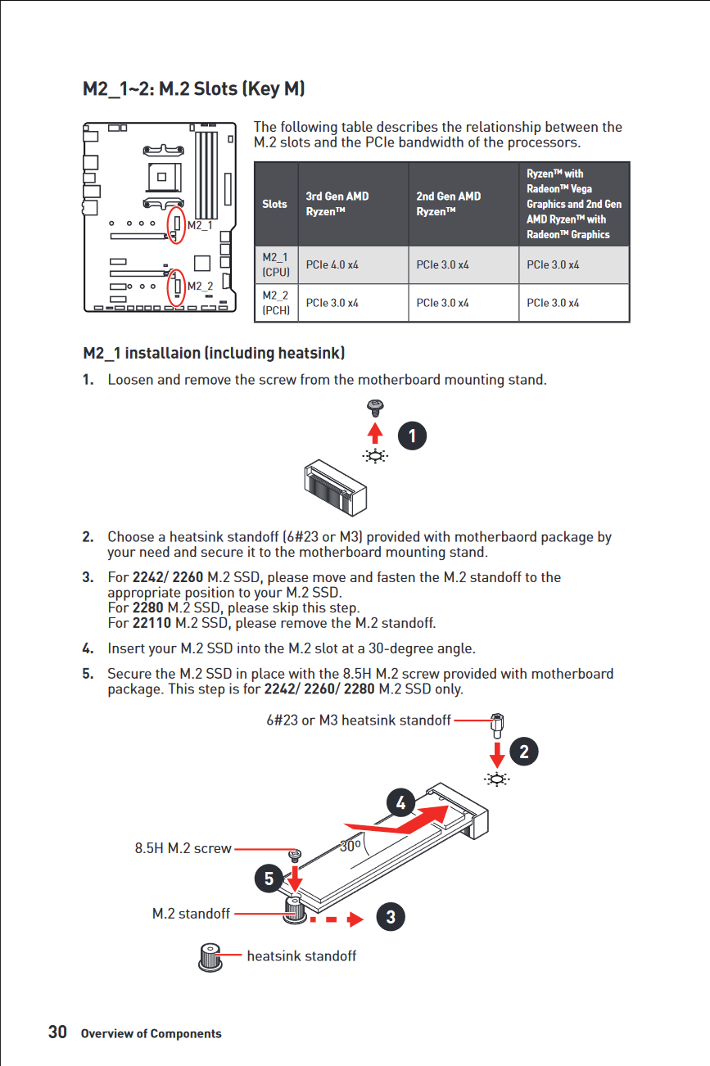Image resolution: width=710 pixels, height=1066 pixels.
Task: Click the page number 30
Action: click(x=57, y=1032)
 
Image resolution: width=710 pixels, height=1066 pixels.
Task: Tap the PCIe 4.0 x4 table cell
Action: click(x=332, y=265)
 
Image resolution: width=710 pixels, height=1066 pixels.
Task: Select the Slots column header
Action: click(x=275, y=204)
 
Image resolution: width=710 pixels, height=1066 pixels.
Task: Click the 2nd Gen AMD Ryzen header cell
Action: click(x=448, y=204)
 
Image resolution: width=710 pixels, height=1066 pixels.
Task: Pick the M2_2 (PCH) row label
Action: click(x=275, y=303)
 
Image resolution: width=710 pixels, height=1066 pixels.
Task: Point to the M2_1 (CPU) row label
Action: click(x=275, y=265)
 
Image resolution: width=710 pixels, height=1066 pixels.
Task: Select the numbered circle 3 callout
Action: click(x=391, y=917)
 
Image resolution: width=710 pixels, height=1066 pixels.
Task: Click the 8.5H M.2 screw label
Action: click(x=183, y=849)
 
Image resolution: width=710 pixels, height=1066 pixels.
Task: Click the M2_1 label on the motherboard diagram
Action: click(x=200, y=224)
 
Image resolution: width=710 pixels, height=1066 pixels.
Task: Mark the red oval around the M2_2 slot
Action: click(x=176, y=286)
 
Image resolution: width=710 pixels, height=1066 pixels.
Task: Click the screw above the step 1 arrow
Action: click(x=375, y=405)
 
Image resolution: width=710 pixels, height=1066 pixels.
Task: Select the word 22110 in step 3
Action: click(x=151, y=623)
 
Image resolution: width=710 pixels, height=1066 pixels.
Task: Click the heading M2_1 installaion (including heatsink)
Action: click(x=214, y=354)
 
